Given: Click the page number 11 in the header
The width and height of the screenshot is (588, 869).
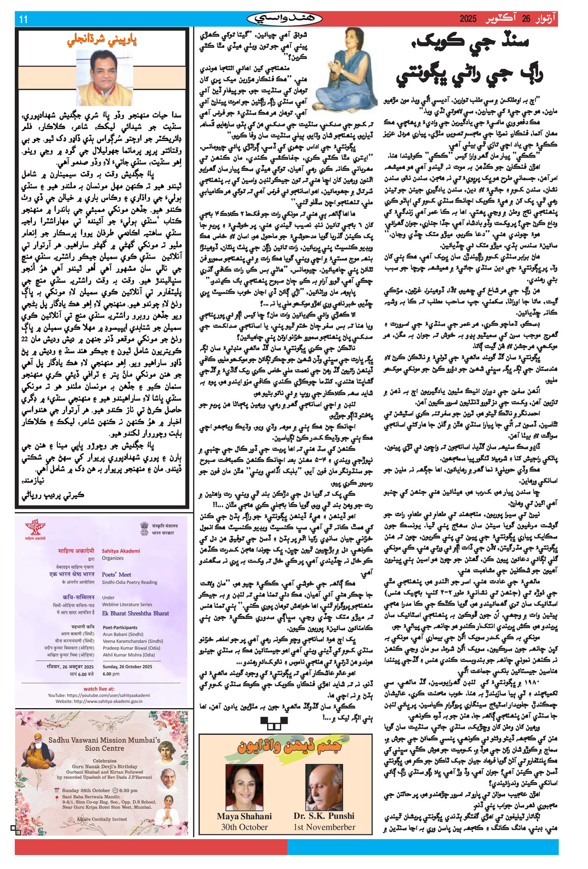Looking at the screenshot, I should point(23,19).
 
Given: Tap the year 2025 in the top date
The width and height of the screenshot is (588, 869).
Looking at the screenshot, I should point(468,19).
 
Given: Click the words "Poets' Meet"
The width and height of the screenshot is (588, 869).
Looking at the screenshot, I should point(116,574).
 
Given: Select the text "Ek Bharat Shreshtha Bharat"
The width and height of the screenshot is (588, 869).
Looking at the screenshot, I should point(135,613).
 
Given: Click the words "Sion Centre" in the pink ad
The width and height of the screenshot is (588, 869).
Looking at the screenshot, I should point(104,748).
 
